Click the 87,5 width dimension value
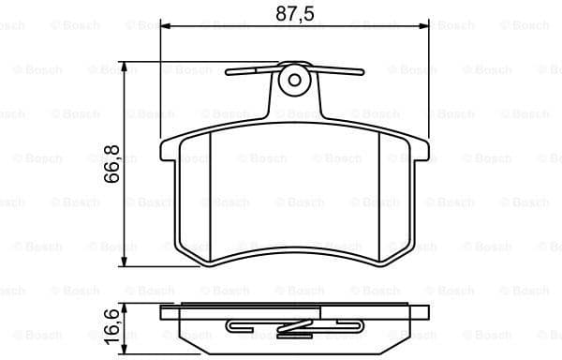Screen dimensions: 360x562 [x=295, y=15]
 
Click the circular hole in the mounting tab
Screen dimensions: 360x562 [x=295, y=79]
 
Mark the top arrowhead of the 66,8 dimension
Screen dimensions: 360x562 [x=126, y=67]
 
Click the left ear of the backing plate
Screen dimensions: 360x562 [x=170, y=150]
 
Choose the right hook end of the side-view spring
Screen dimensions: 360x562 [x=361, y=327]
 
